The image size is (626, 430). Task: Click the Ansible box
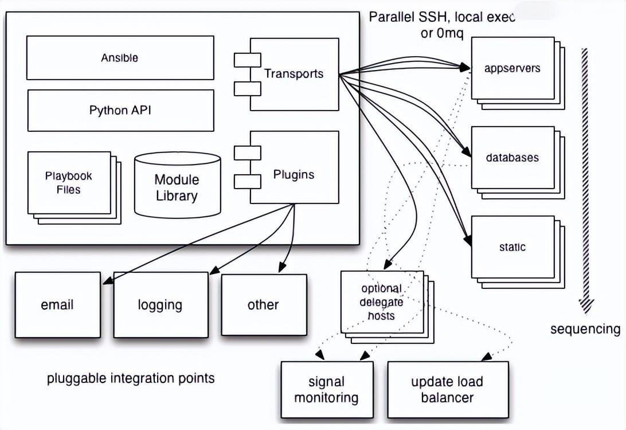coord(120,57)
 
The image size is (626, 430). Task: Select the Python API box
coord(120,110)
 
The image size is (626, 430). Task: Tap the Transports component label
coord(294,73)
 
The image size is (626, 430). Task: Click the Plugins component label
coord(294,174)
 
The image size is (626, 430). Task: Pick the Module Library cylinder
coord(177,187)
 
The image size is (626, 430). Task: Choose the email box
coord(57,304)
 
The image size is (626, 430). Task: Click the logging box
coord(160,304)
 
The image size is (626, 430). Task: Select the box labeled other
coord(263,304)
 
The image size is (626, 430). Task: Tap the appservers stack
coord(512,68)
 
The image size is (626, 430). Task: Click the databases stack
coord(512,158)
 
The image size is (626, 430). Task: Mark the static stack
coord(512,248)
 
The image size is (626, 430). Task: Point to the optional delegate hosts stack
coord(382,302)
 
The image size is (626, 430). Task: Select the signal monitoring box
coord(326,389)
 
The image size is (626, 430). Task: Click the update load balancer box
coord(447,389)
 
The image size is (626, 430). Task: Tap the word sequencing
coord(585,329)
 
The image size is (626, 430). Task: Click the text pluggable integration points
coord(131,378)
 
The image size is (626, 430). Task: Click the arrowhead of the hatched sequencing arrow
coord(585,306)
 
